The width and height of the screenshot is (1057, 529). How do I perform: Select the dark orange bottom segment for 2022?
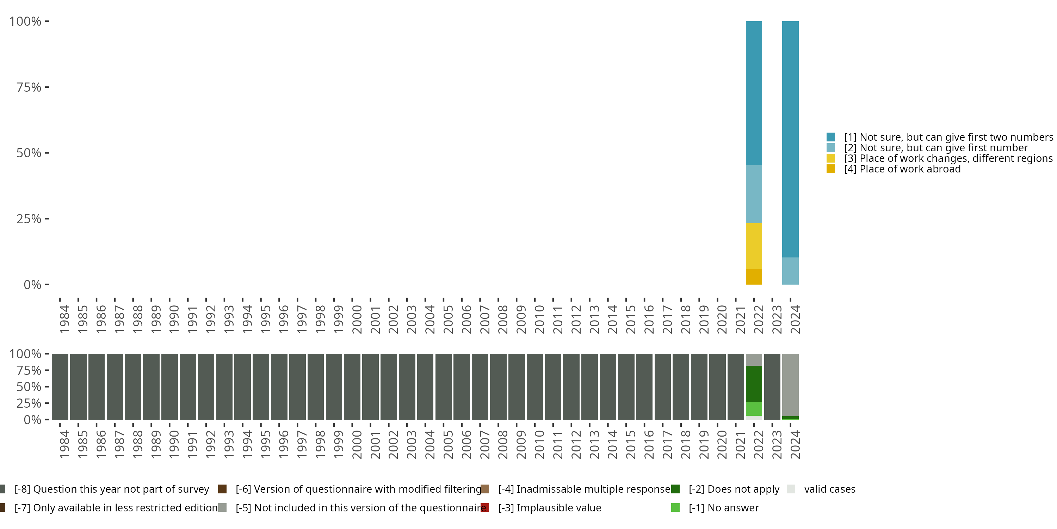click(754, 277)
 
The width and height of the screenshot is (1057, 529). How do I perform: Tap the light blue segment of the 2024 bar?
click(790, 271)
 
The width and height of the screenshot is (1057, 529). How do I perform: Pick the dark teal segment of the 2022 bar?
click(754, 93)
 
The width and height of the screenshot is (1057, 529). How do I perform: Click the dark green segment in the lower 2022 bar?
click(754, 383)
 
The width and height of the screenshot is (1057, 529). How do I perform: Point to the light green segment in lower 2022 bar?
click(754, 409)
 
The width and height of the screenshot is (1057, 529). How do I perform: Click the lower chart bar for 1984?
click(60, 387)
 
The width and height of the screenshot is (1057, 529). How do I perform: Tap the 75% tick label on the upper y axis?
click(29, 87)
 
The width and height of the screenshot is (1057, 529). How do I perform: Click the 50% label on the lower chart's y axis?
click(29, 387)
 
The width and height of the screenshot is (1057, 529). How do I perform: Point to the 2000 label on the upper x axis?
click(357, 319)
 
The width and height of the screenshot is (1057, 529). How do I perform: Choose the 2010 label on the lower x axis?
click(539, 444)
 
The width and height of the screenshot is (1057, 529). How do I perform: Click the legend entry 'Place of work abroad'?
click(910, 169)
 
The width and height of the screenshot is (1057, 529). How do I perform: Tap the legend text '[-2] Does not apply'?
click(734, 489)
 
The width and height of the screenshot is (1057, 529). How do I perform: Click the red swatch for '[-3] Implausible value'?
click(484, 507)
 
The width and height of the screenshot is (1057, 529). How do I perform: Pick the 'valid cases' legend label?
click(829, 489)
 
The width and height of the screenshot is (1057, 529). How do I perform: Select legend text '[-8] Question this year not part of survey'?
click(112, 489)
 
